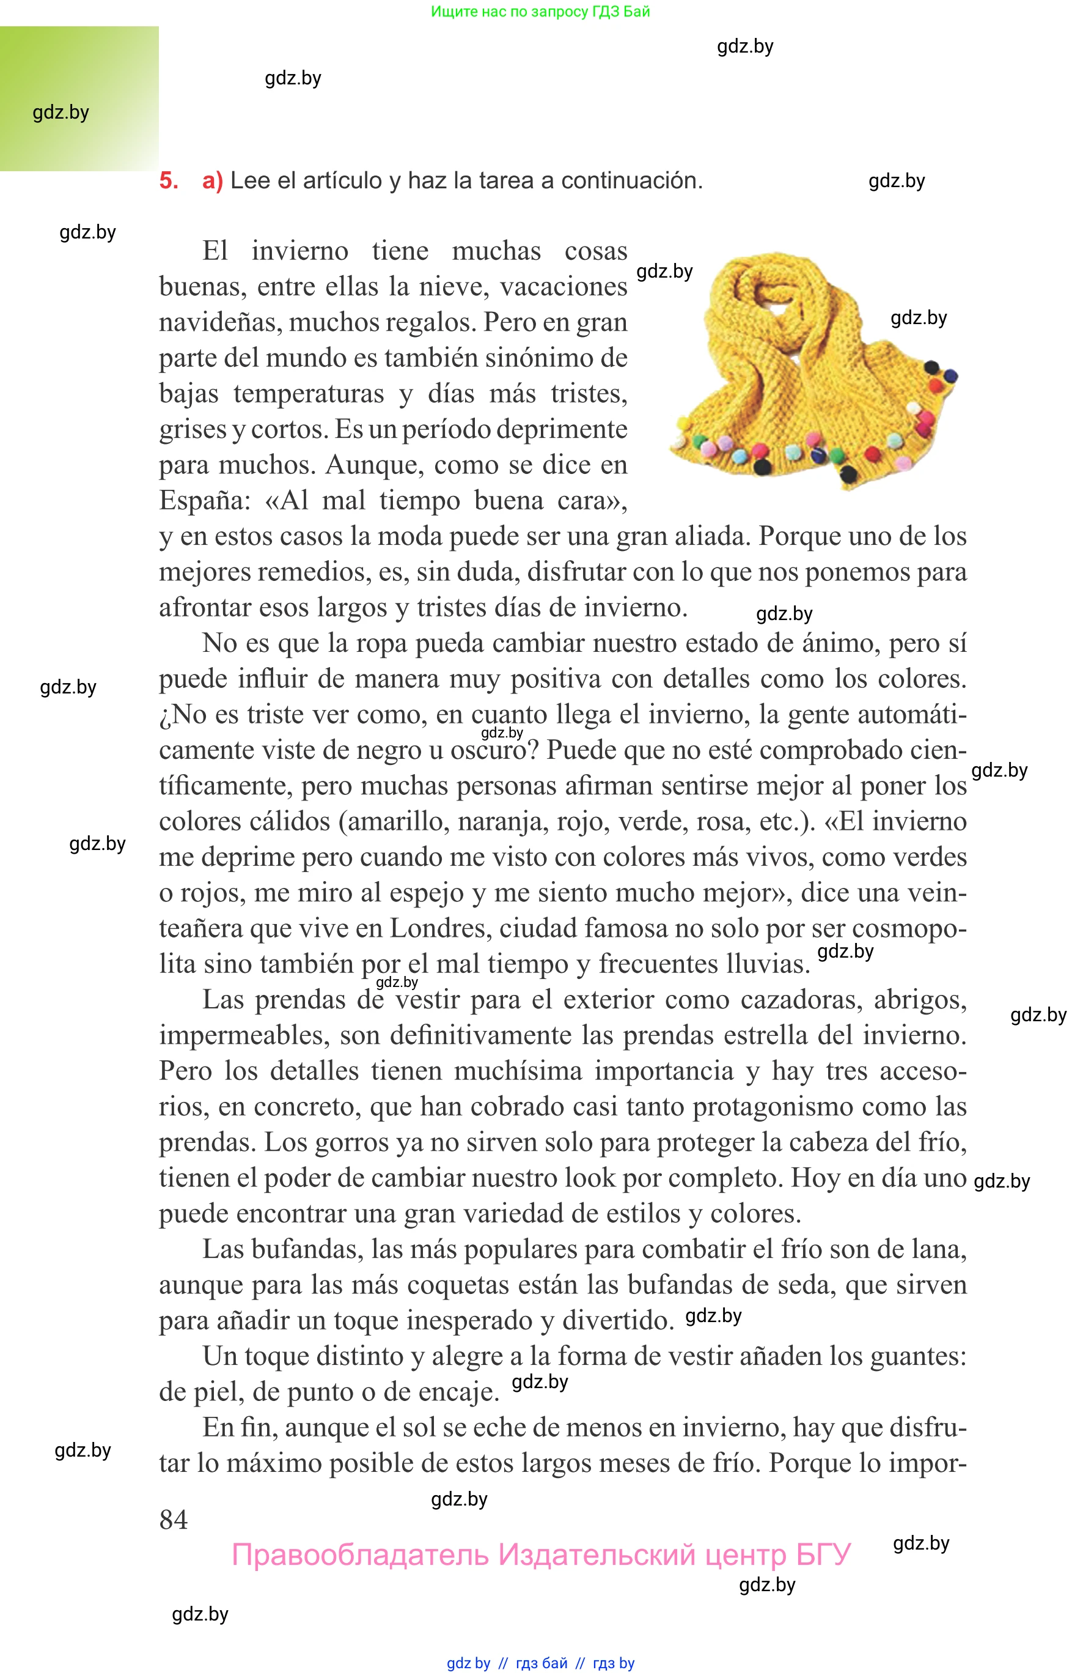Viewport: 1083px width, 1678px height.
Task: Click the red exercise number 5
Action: tap(168, 181)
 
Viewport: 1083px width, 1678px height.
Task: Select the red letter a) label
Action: tap(212, 181)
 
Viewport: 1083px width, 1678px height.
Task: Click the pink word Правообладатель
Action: tap(360, 1555)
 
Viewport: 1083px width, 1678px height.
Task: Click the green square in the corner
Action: tap(79, 98)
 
